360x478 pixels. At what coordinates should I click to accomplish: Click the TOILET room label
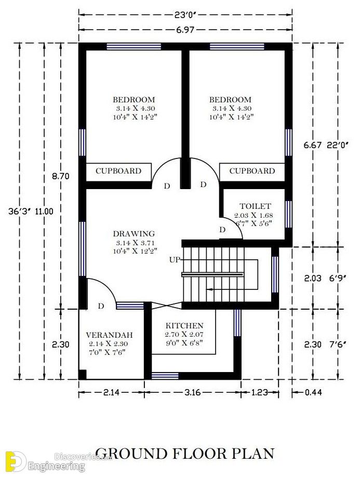255,206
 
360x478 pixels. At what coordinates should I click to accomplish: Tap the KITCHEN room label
184,326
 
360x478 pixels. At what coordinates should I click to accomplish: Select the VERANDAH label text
109,335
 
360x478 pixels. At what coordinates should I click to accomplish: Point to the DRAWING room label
134,234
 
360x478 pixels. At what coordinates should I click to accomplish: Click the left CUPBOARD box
118,172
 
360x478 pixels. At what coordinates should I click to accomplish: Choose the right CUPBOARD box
252,172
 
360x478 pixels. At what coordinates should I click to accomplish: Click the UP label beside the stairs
175,260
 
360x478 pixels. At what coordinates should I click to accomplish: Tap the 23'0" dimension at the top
185,15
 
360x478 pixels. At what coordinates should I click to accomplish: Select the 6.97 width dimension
185,30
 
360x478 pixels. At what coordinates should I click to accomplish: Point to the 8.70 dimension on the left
61,176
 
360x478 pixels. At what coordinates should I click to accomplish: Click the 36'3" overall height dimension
20,211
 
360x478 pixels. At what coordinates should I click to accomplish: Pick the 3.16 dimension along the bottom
192,392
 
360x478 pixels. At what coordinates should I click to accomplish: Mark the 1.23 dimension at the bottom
260,392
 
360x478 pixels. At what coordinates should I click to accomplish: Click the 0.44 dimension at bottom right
313,392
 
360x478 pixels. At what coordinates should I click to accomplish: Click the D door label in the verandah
101,306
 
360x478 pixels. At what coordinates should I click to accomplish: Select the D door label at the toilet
222,230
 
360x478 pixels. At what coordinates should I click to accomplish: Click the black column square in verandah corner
82,375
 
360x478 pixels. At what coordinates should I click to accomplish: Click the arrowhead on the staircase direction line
209,289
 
